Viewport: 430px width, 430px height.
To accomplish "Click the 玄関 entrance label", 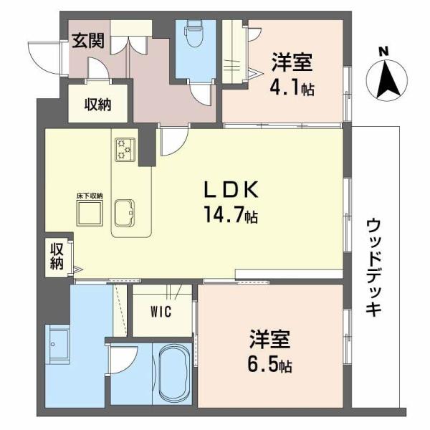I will [x=87, y=40].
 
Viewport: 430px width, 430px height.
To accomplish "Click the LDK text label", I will [x=229, y=190].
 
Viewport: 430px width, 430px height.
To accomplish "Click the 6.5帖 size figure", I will [x=269, y=363].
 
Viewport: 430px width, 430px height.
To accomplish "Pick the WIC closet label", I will [x=161, y=312].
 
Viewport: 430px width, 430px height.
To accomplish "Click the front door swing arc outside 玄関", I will [x=42, y=57].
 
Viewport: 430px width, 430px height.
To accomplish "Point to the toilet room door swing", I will [x=201, y=93].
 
